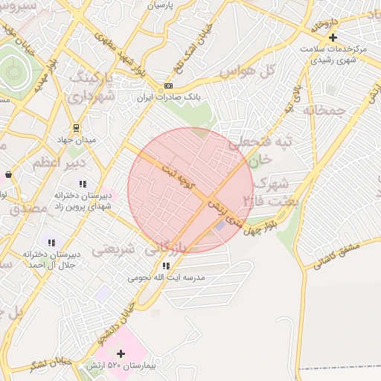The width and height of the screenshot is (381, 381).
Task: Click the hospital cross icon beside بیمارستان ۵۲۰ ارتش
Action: (x=121, y=353)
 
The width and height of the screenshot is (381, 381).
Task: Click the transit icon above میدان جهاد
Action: (x=77, y=127)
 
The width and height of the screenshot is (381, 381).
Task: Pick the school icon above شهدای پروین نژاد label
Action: (x=83, y=183)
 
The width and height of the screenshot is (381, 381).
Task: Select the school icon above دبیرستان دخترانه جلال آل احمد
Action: (x=51, y=243)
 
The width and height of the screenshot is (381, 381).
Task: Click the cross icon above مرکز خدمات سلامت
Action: (x=333, y=37)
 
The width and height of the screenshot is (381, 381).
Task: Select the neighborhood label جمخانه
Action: (x=325, y=110)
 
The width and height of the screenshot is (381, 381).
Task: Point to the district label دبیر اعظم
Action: (x=60, y=161)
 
